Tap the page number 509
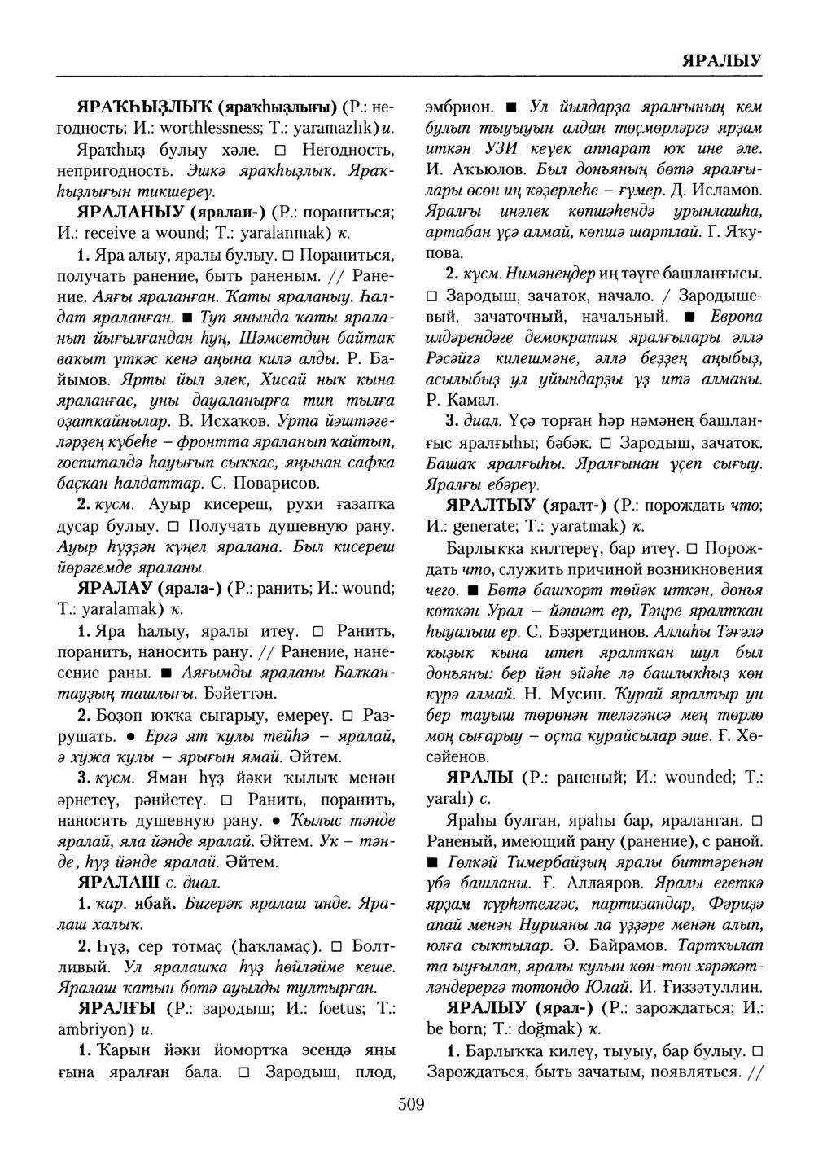tap(412, 1104)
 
